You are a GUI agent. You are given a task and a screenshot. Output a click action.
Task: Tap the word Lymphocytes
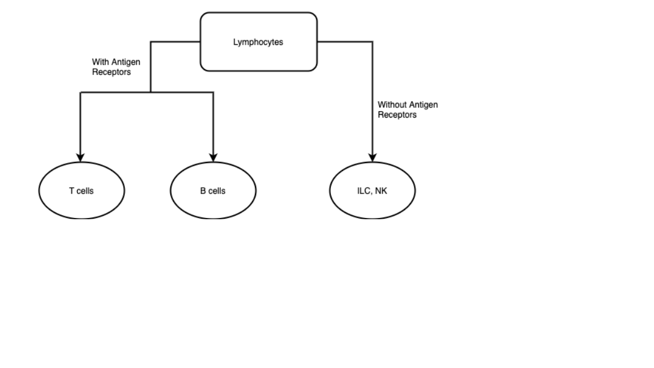point(258,42)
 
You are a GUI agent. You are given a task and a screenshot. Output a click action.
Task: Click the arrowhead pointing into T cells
point(81,157)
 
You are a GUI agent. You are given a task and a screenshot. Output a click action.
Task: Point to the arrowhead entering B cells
point(213,157)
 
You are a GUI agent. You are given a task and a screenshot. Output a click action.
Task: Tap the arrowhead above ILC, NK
point(372,157)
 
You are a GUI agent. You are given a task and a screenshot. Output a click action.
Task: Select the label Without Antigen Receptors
point(408,110)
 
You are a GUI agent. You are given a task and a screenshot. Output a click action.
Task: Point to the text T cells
point(81,191)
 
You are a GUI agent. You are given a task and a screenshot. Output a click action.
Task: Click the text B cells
point(213,191)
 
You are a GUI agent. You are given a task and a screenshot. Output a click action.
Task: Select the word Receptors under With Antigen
point(111,72)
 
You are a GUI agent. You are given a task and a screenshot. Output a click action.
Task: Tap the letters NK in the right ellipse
point(381,191)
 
